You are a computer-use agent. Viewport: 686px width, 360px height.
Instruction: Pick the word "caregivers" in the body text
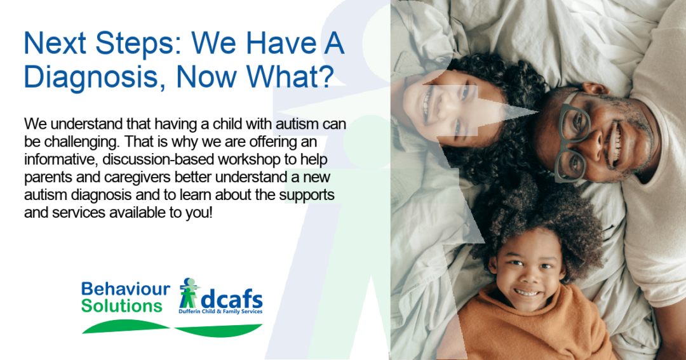pos(137,178)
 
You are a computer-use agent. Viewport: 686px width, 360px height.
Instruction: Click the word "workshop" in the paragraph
pos(251,160)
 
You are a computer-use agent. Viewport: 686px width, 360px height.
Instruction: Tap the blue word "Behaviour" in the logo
pos(126,289)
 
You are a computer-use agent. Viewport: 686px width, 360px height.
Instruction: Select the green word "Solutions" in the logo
pos(121,306)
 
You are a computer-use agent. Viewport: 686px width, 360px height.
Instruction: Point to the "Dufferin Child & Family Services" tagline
pos(220,312)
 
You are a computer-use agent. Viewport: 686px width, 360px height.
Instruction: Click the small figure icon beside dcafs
pos(189,293)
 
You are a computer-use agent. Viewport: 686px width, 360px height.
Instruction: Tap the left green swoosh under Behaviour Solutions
pos(125,326)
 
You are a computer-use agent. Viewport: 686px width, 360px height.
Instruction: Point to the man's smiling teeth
pos(615,144)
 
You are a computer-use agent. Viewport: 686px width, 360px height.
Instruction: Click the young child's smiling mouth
pos(527,292)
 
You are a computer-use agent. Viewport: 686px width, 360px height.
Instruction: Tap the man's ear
pos(595,88)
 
